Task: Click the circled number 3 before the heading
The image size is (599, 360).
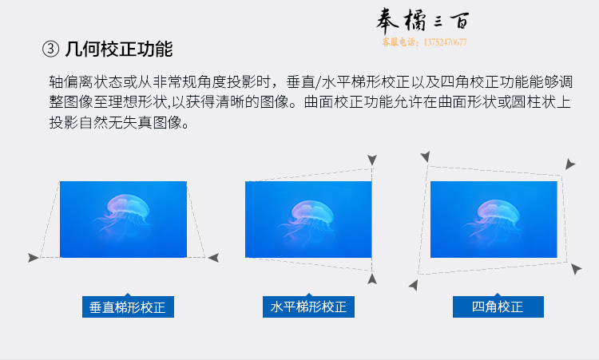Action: [50, 49]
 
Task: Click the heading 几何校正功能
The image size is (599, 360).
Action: [119, 49]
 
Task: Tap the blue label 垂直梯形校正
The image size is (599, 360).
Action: [128, 307]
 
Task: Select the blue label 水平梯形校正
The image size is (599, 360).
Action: [308, 307]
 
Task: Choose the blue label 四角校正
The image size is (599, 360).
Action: [498, 307]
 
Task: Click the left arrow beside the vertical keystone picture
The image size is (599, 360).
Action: [34, 258]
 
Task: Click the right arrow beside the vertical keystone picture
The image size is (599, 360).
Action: [213, 258]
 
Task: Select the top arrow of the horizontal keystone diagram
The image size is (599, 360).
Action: [372, 160]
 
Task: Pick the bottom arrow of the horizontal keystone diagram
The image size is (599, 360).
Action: [372, 279]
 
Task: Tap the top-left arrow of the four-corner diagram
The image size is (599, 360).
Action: [425, 156]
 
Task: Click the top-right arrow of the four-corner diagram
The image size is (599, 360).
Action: [570, 164]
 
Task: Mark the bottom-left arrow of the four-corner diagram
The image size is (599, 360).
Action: [414, 285]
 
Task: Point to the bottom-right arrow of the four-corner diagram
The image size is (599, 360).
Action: [576, 269]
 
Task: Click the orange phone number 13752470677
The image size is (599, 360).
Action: [445, 42]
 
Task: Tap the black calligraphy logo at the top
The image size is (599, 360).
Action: [422, 21]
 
